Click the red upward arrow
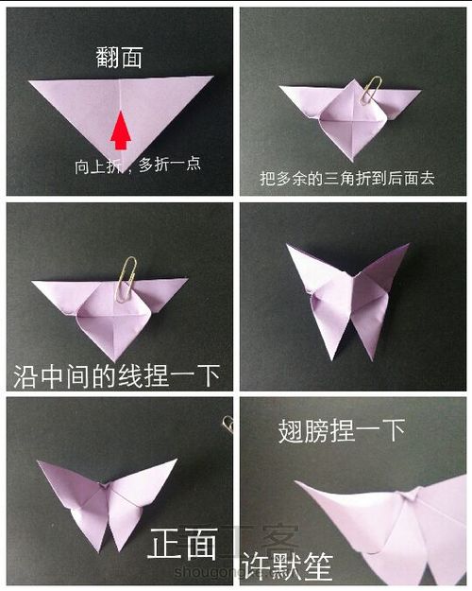click(x=121, y=131)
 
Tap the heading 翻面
click(x=120, y=58)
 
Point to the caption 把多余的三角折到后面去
click(x=346, y=178)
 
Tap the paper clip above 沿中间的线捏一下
click(x=126, y=278)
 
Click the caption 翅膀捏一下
click(x=342, y=432)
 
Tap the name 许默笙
click(x=288, y=565)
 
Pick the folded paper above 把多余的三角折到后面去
click(x=350, y=118)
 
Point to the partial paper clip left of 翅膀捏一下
click(x=228, y=424)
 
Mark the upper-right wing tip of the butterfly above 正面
click(x=175, y=462)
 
